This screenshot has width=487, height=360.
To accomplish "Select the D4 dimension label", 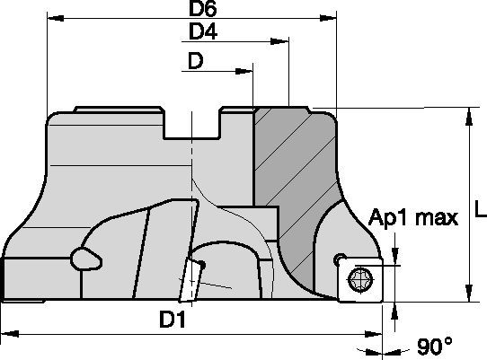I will click(204, 32).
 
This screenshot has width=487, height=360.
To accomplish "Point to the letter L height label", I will click(479, 212).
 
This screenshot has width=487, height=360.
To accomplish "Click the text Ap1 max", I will click(413, 216).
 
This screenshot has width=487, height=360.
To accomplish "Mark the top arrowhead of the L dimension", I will click(468, 113).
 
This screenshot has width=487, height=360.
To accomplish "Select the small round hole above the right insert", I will click(339, 259).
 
